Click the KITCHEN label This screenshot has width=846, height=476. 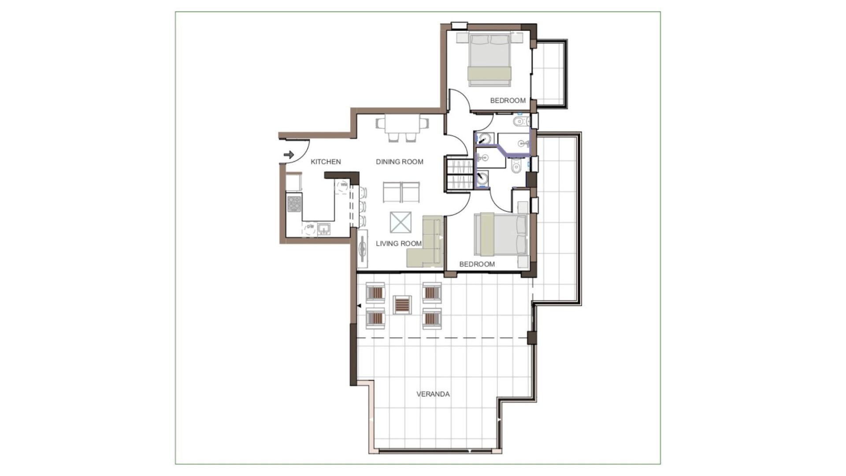point(326,162)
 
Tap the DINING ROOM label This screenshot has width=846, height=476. point(400,162)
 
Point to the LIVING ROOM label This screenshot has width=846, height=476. point(399,244)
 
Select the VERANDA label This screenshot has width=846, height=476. point(433,394)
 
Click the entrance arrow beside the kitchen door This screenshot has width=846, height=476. point(289,155)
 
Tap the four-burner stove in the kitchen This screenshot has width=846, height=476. point(294,204)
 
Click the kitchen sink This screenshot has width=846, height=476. point(324,229)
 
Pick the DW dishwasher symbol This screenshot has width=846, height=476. point(310,227)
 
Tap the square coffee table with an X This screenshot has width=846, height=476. point(401,222)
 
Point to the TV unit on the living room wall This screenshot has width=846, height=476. point(363,249)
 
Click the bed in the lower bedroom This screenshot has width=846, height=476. point(501,234)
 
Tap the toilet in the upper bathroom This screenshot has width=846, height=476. point(519,121)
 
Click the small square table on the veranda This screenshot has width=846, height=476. point(402,305)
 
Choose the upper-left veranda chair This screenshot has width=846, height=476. point(376,292)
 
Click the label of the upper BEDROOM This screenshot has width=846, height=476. point(508,101)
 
